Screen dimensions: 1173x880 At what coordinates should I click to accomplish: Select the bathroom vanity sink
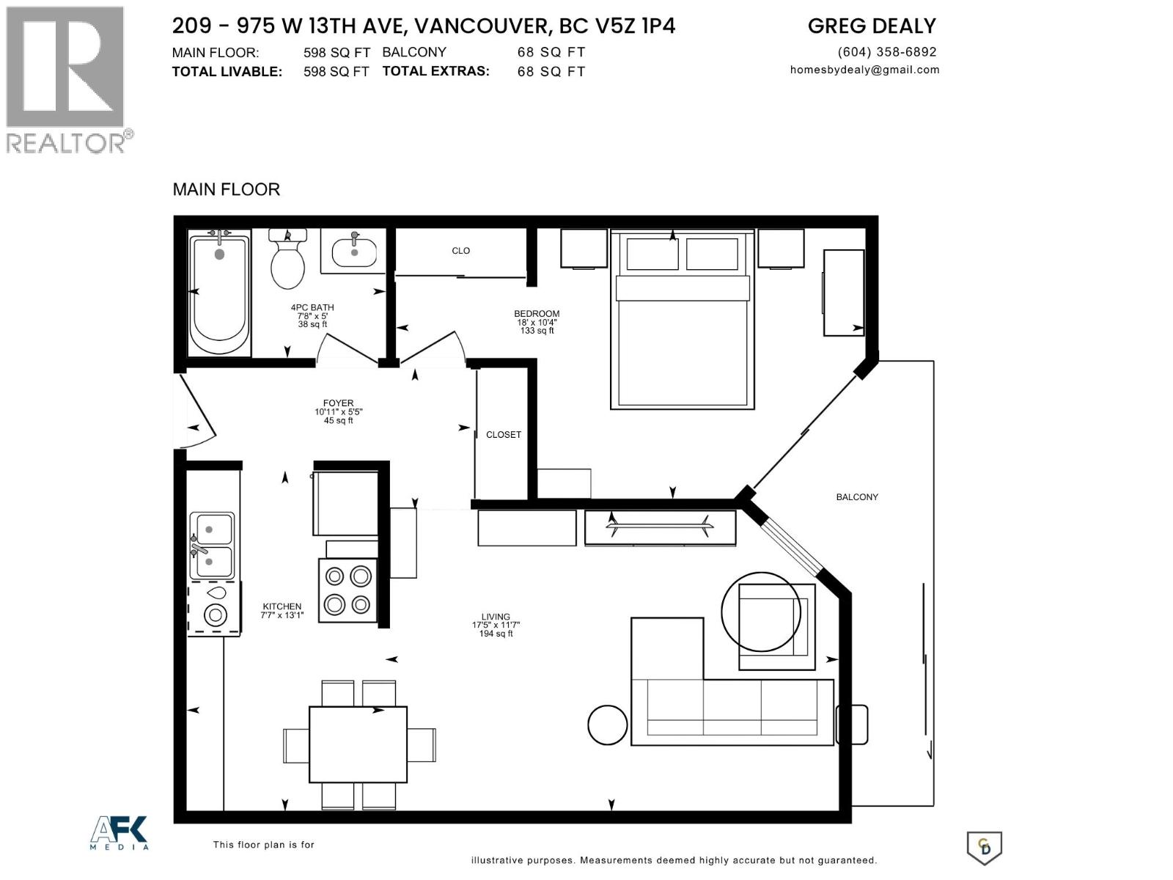click(x=354, y=252)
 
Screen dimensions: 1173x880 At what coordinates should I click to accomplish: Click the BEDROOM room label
click(x=537, y=314)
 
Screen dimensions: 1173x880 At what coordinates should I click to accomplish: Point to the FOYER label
click(x=338, y=403)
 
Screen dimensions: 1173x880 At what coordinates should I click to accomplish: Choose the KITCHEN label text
click(x=282, y=606)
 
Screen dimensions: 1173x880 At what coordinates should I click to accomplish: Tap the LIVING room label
click(x=496, y=617)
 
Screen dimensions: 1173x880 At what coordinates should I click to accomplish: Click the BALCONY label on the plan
click(x=856, y=497)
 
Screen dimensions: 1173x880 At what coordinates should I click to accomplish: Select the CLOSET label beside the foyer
click(x=504, y=435)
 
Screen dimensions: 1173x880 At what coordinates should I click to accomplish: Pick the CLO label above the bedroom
click(x=460, y=251)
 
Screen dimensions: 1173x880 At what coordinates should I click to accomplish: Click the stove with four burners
click(x=348, y=590)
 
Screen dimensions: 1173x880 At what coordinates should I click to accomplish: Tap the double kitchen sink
click(x=212, y=546)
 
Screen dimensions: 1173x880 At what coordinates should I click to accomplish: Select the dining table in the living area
click(x=358, y=744)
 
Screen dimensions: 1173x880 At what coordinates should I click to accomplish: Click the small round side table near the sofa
click(x=607, y=725)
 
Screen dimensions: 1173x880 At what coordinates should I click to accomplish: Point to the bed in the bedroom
click(x=683, y=320)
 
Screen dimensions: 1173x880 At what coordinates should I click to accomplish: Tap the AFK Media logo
click(x=119, y=832)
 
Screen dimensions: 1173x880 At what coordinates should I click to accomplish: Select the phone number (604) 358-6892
click(x=886, y=52)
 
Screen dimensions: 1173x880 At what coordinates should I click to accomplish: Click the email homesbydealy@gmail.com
click(x=864, y=70)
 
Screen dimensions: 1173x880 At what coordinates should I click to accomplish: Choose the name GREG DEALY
click(x=872, y=26)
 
